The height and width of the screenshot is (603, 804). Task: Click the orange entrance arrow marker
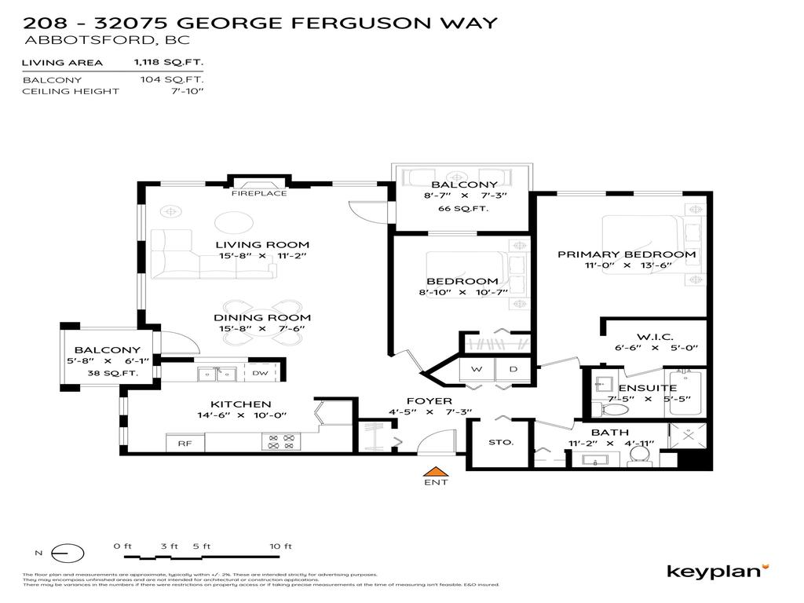[x=435, y=471]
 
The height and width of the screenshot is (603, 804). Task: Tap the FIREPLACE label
[x=258, y=193]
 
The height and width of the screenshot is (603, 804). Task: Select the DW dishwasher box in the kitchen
[x=261, y=374]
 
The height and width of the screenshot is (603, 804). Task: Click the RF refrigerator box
[x=185, y=444]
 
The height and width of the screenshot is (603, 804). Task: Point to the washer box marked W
[x=476, y=368]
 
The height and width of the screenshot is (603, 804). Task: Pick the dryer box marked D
[x=513, y=368]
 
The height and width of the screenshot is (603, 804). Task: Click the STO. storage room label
[x=500, y=442]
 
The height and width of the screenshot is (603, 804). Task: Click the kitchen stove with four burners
[x=280, y=442]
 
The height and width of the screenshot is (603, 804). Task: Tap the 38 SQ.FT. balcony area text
[x=113, y=374]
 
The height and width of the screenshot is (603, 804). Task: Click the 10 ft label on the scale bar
[x=280, y=546]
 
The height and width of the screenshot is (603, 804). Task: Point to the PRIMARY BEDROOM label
[x=627, y=254]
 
